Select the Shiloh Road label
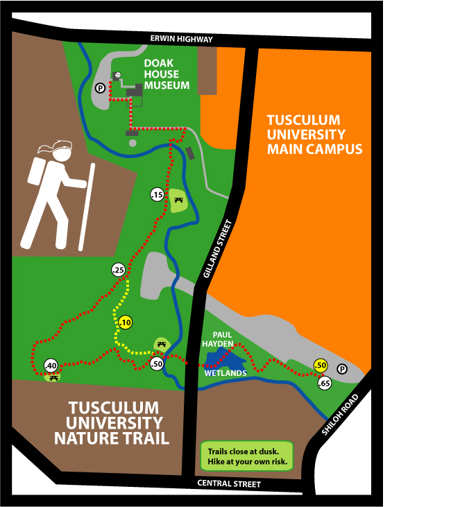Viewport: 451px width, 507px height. coord(340,415)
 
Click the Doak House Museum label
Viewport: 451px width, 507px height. coord(166,74)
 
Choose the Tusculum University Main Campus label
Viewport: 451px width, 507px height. coord(314,135)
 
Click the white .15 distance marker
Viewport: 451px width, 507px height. coord(157,196)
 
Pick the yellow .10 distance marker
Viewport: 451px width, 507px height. coord(125,323)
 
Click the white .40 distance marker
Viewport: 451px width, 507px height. coord(50,366)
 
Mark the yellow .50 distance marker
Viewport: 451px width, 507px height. coord(320,366)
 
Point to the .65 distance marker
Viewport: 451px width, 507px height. coord(324,383)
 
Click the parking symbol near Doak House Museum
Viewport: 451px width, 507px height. coord(100,88)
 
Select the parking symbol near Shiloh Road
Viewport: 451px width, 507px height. coord(341,368)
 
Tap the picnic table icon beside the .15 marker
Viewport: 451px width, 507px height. coord(180,200)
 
